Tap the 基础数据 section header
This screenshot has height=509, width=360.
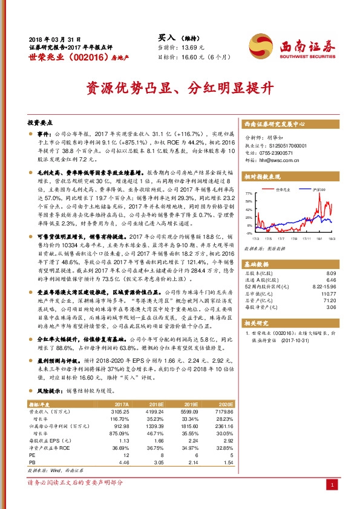pyautogui.click(x=258, y=265)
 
